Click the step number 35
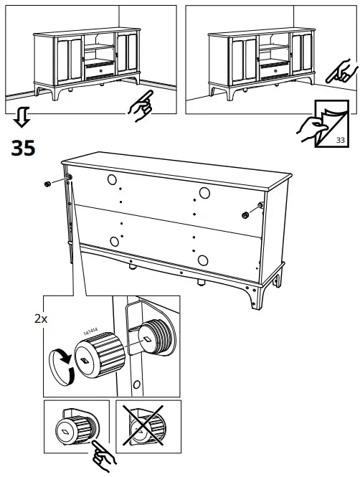[x=22, y=148]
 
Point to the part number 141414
[x=90, y=331]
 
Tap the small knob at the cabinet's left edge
[x=47, y=184]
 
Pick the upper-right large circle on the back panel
[x=204, y=192]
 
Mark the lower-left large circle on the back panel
[x=113, y=241]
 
